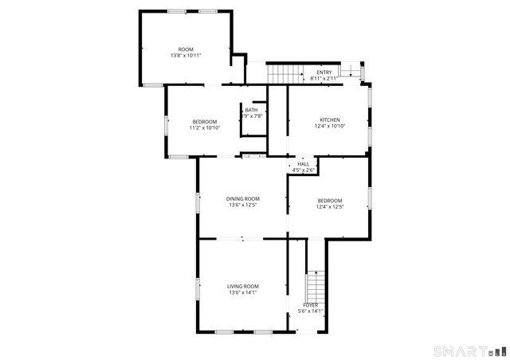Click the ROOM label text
186,49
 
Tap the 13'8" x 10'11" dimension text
186,56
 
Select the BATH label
251,110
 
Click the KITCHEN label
329,119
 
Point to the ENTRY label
324,72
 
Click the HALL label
304,163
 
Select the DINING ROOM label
242,199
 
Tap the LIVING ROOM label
242,286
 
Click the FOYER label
310,305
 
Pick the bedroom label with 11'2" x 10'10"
204,121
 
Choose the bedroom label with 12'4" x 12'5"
329,201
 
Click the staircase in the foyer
316,284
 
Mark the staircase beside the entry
285,74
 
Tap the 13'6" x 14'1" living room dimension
242,292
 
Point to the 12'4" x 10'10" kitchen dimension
329,126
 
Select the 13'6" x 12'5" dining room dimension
242,205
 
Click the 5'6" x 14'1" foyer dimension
310,311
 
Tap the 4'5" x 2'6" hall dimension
304,170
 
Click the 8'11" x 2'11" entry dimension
324,79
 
